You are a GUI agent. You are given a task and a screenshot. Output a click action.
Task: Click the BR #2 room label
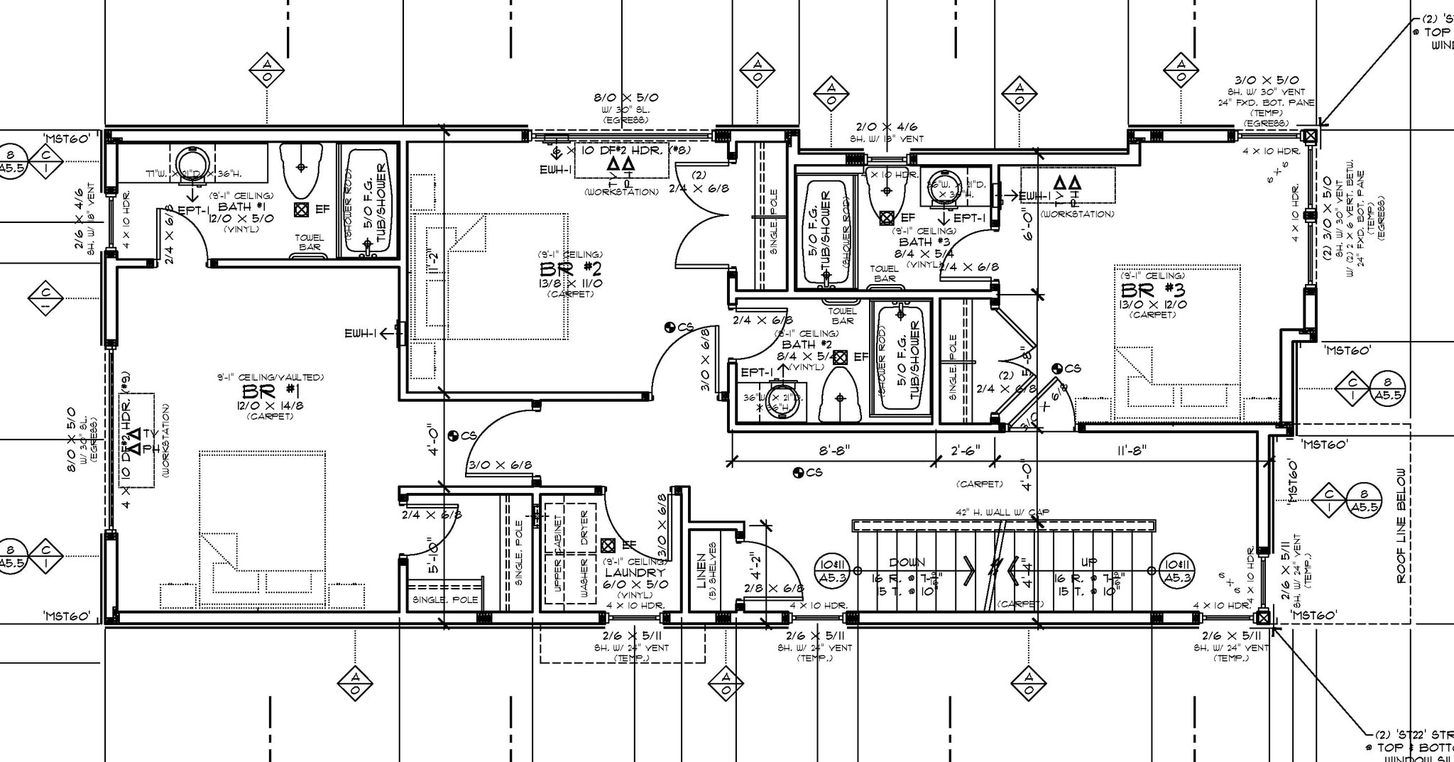point(571,269)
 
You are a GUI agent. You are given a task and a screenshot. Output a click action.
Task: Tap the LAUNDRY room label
point(635,572)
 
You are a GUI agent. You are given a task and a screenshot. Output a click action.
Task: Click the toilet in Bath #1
point(301,170)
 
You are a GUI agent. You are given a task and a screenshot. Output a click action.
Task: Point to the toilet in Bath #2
point(841,398)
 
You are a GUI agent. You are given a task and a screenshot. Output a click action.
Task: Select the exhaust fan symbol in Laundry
point(608,545)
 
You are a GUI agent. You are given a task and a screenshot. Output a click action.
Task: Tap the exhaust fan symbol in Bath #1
point(301,209)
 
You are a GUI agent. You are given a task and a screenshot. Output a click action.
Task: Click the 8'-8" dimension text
point(833,450)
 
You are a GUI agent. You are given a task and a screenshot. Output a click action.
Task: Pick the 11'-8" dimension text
point(1131,450)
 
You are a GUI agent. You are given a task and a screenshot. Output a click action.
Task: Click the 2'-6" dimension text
point(965,450)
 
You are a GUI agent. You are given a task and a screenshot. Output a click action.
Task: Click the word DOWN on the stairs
point(907,562)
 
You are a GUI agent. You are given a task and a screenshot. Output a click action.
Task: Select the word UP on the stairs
point(1088,562)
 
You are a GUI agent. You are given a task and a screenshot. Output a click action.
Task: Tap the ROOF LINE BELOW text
point(1401,526)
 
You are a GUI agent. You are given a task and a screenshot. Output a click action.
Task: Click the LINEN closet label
point(701,572)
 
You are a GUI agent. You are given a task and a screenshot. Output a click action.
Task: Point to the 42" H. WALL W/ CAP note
point(1002,512)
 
